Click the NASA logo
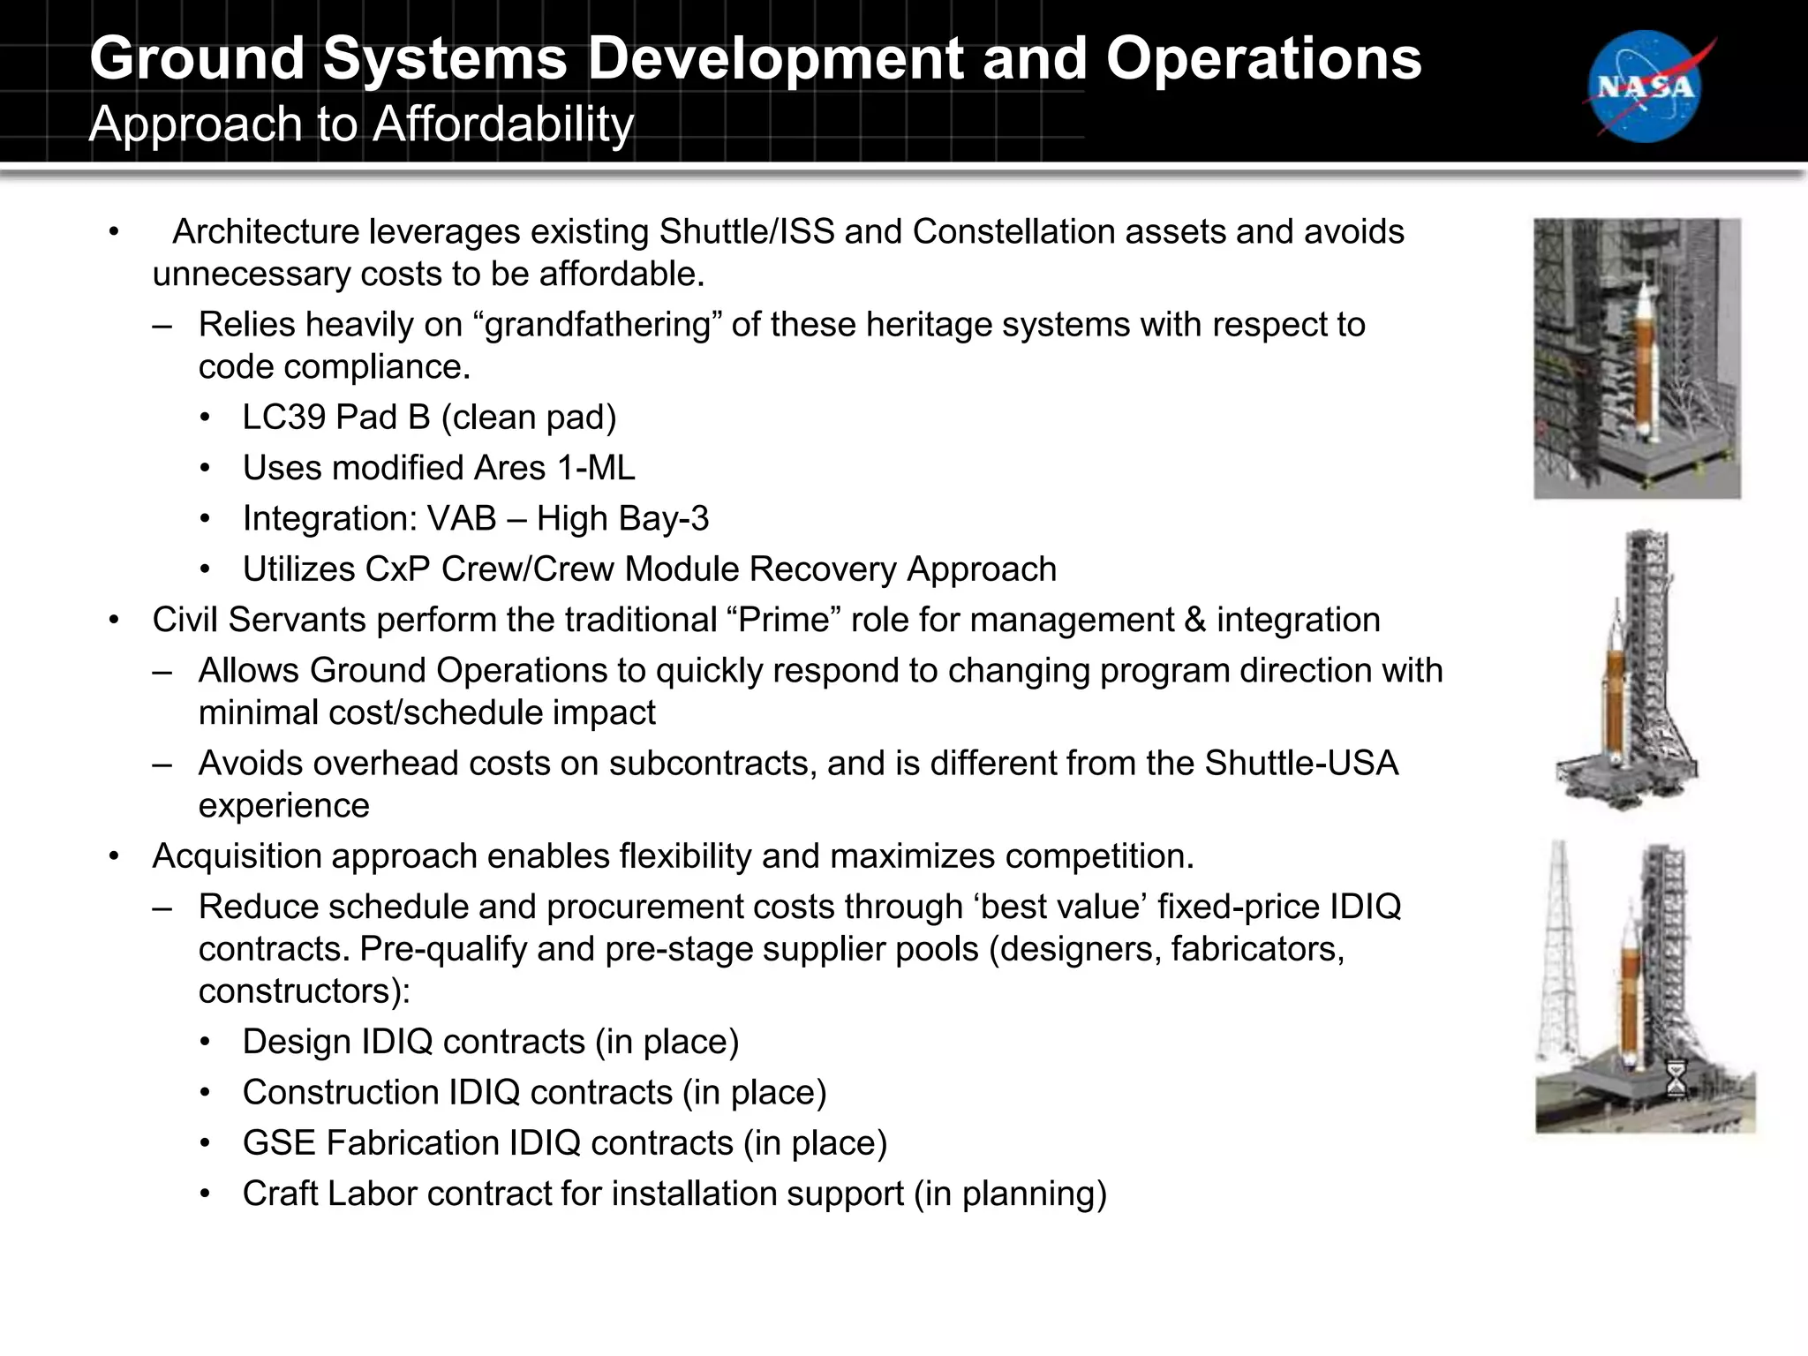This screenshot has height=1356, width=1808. tap(1646, 86)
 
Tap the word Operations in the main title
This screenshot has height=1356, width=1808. tap(1263, 59)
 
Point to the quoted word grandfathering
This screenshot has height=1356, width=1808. tap(598, 325)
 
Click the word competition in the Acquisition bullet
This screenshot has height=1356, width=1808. tap(1094, 856)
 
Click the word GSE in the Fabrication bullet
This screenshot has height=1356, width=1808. tap(279, 1143)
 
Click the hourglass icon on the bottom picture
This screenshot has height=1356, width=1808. tap(1676, 1078)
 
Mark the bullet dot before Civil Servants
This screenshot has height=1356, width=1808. tap(114, 621)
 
